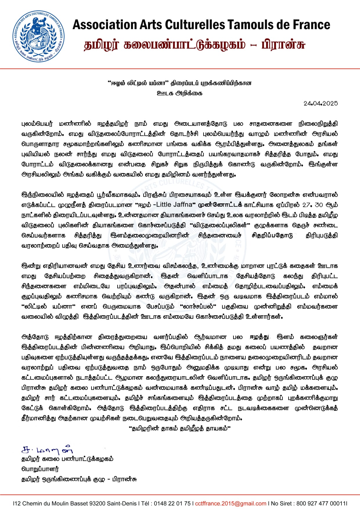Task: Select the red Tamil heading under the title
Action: point(194,45)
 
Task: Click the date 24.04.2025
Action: point(321,103)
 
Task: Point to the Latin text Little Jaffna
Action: point(174,205)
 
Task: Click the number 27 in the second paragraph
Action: point(306,205)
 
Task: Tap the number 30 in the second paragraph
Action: point(318,205)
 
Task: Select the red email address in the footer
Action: point(231,503)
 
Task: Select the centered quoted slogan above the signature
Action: point(179,428)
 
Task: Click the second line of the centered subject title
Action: point(179,93)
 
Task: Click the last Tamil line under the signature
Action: point(79,479)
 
